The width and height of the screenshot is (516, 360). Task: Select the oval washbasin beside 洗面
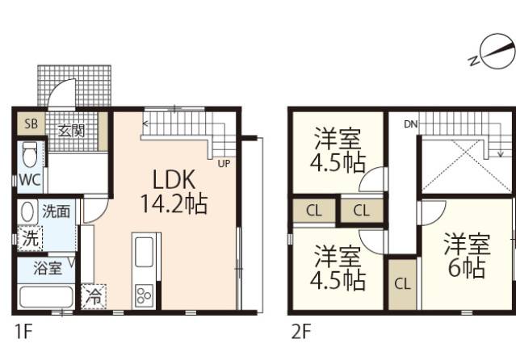click(x=28, y=212)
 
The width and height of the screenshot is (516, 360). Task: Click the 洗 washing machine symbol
click(x=29, y=239)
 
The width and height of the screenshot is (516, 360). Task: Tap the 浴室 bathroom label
click(x=47, y=268)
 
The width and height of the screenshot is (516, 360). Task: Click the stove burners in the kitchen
click(x=145, y=294)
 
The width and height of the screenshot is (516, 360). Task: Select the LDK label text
click(x=176, y=178)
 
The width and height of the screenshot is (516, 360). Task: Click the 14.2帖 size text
click(x=175, y=203)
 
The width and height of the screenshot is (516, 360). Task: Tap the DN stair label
click(x=411, y=123)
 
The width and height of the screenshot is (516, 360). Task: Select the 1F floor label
click(x=23, y=331)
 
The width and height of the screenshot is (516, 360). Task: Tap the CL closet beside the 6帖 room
click(x=402, y=284)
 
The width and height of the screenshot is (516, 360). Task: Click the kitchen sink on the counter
click(x=145, y=253)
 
